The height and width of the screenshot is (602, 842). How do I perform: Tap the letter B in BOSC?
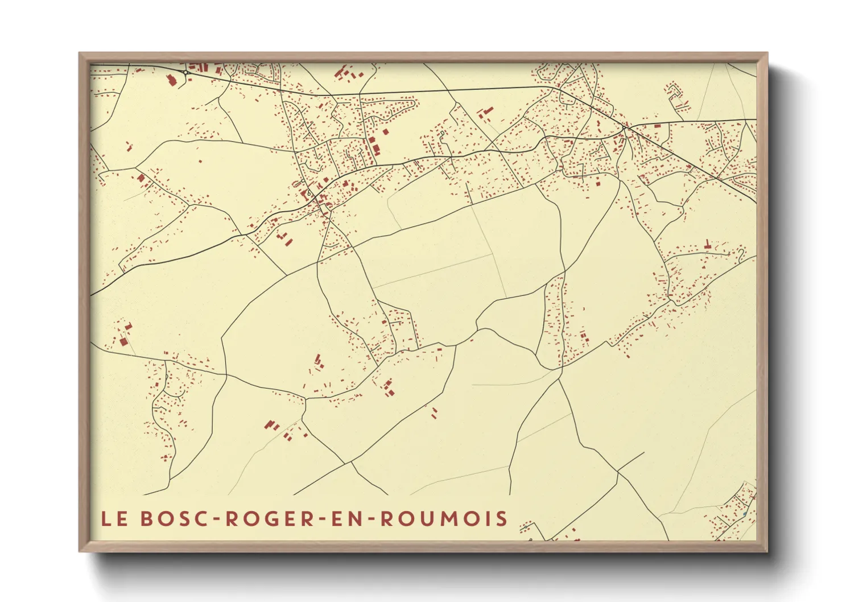click(146, 519)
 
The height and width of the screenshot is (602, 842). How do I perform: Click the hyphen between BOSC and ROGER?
click(217, 519)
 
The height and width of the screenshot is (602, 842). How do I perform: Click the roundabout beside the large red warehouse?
click(186, 72)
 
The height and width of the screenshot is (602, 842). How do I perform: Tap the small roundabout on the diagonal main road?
click(624, 129)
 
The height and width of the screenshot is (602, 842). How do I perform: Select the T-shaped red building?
click(707, 245)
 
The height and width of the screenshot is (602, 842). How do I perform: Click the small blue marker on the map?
click(745, 514)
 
